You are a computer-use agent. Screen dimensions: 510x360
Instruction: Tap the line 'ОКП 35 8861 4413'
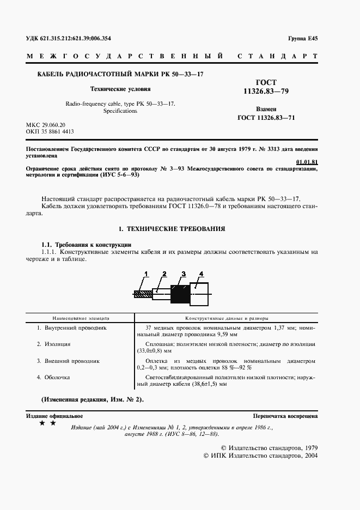point(50,132)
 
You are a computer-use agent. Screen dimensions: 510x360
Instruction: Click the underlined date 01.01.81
point(307,162)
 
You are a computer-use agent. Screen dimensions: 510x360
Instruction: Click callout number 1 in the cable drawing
point(146,273)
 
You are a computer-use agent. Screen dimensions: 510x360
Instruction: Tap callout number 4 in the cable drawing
point(201,273)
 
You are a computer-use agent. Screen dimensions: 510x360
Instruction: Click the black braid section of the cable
point(179,294)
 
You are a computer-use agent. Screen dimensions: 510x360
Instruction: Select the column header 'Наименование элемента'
point(81,317)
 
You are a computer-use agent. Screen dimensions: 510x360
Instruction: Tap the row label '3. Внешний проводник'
point(68,361)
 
